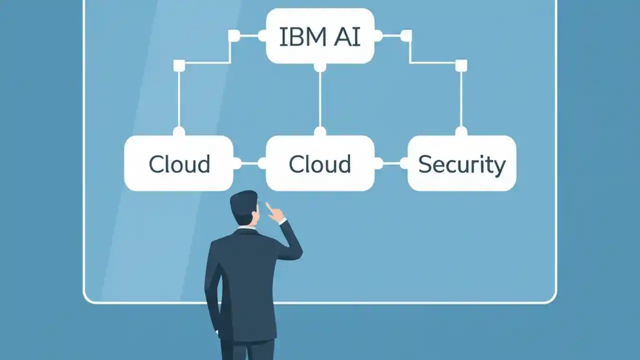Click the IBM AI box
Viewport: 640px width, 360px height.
[320, 36]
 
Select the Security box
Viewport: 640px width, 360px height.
[461, 163]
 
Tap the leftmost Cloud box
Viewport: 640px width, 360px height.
[178, 163]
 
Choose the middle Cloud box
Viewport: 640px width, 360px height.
[320, 163]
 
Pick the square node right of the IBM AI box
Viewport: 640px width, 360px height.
[406, 35]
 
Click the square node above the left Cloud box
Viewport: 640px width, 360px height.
[179, 65]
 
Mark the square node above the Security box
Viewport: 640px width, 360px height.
[461, 65]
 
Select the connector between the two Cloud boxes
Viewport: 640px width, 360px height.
[249, 163]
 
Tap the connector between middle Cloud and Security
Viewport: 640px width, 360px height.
[391, 163]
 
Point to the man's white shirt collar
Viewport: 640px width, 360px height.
[247, 227]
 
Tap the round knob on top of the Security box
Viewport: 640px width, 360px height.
[461, 131]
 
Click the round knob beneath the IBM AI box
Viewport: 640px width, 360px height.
[320, 66]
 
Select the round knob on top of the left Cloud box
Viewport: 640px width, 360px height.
[179, 131]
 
